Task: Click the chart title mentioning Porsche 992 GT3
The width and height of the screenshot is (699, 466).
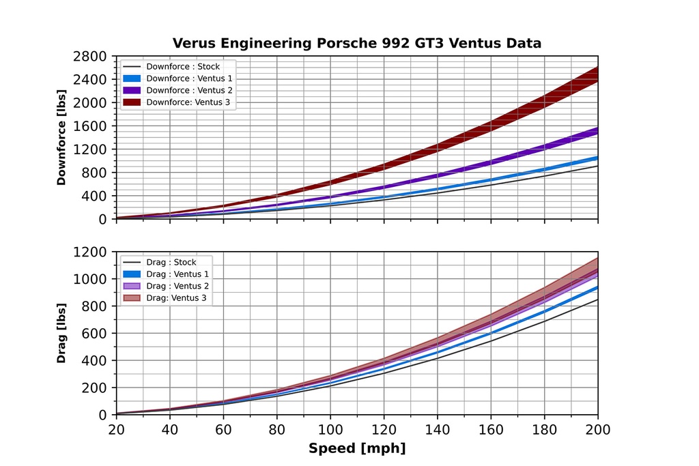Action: coord(356,44)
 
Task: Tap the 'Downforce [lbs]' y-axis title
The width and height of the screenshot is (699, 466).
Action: coord(61,137)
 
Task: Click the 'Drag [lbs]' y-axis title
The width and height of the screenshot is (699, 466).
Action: coord(61,334)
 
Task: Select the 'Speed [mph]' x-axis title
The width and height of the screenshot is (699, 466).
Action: coord(356,448)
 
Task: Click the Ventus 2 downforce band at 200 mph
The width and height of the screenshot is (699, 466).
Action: coord(597,131)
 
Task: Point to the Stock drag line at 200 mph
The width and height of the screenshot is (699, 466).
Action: coord(597,300)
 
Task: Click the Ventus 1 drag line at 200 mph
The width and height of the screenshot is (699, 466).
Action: coord(597,288)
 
